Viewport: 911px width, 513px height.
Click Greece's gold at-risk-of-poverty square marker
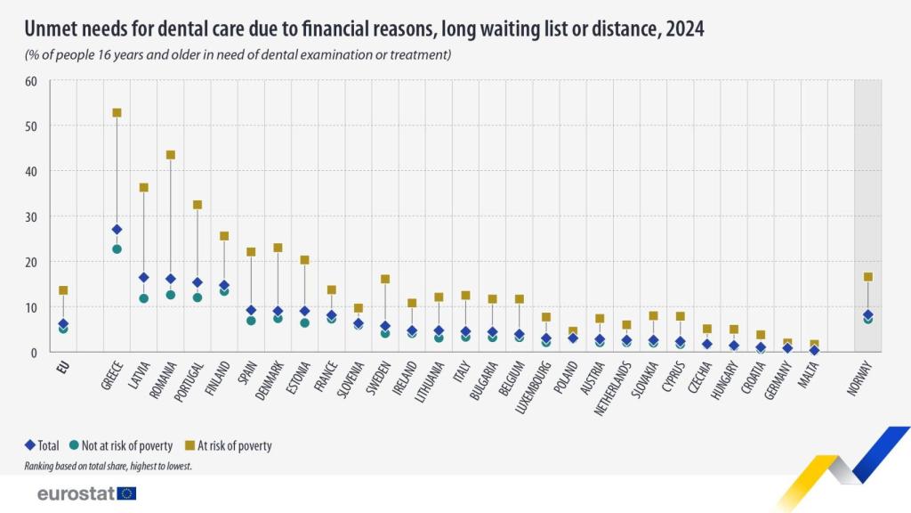point(117,113)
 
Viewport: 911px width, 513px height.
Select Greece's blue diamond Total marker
point(117,230)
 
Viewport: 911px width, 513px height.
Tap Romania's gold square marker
point(171,155)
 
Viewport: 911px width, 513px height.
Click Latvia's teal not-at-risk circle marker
point(143,298)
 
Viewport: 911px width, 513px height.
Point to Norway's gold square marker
point(868,277)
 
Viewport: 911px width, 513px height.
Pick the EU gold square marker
point(63,290)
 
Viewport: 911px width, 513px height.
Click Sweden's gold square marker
point(385,279)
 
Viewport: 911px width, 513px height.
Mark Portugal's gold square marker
point(198,205)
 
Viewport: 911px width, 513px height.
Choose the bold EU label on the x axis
point(62,365)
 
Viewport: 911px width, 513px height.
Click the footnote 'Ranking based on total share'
point(109,465)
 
